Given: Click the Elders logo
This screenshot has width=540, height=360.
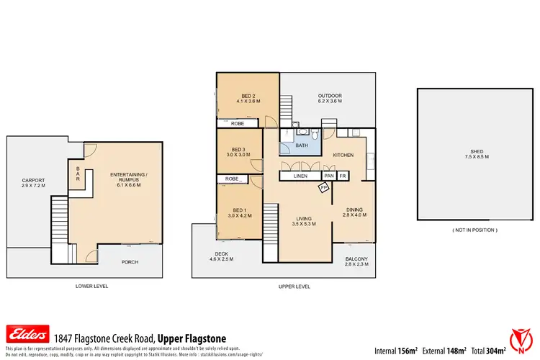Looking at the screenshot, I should [27, 334].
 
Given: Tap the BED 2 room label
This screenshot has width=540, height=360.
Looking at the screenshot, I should [248, 99].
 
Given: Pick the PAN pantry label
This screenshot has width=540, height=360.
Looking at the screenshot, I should [329, 176].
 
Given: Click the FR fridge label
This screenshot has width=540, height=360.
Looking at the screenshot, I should [343, 176].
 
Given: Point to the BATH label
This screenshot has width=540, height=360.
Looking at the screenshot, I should [302, 146].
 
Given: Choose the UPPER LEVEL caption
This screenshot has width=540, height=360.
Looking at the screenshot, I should [294, 287].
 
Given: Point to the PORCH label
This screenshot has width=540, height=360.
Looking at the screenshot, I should [129, 262].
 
